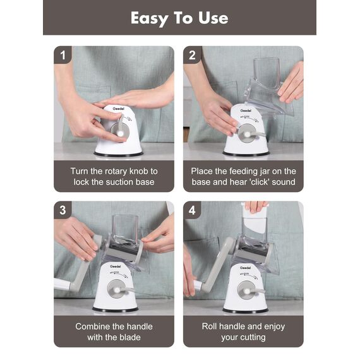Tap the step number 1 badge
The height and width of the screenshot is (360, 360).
(63, 55)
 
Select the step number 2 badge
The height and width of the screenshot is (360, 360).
(192, 55)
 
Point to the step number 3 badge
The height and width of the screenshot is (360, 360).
(63, 210)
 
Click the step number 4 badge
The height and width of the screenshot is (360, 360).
(192, 210)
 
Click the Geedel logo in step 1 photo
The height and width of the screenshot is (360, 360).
(119, 109)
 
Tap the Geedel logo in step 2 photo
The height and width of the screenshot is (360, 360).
(246, 111)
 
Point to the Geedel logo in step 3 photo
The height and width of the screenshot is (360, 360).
(115, 267)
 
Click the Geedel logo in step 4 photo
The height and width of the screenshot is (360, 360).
(246, 268)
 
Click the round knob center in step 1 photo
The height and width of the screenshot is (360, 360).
(120, 133)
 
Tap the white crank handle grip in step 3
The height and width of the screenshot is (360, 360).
(63, 284)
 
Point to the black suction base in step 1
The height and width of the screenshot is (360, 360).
(118, 154)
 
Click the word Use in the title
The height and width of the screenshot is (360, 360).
(213, 18)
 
